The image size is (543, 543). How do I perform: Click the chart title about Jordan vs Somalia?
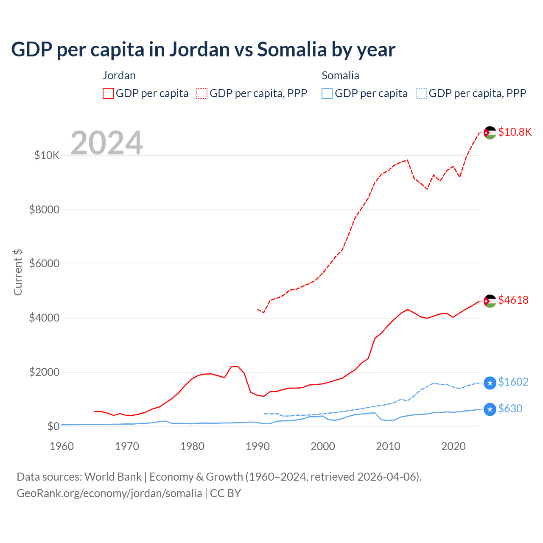203,50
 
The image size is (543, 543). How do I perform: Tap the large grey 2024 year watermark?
106,143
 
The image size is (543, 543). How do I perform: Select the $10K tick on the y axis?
47,155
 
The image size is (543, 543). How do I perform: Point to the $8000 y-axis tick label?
45,210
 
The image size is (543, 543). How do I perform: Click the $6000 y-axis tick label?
45,264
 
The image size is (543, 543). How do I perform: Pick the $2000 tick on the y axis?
45,372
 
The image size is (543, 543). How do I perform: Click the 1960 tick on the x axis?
62,446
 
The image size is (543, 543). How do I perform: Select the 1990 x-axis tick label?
258,446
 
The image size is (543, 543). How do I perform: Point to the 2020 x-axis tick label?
453,446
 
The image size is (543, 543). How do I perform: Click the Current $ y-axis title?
18,272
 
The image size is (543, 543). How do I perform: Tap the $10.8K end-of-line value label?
515,132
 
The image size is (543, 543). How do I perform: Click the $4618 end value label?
513,300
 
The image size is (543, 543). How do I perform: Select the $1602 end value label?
513,382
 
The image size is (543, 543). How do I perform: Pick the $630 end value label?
510,409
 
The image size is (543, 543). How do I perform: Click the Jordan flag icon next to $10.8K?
490,133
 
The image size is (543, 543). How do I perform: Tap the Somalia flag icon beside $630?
490,409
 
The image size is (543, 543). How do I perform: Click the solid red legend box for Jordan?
108,93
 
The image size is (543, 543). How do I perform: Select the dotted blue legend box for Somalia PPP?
421,93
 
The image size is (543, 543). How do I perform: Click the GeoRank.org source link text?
109,493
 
